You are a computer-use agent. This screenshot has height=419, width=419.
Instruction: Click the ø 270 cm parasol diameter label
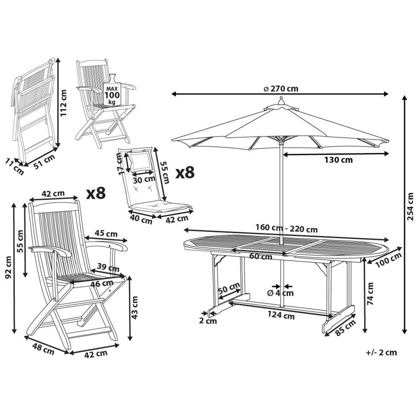tap(280, 89)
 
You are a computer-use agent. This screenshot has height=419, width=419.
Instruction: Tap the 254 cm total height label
tap(411, 206)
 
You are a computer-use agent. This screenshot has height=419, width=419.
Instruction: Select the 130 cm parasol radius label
tap(338, 160)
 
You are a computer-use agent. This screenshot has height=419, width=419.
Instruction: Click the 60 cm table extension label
tap(261, 257)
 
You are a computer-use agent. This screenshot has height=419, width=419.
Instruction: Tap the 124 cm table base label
tap(281, 316)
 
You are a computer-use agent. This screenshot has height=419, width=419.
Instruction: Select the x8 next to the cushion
tap(185, 172)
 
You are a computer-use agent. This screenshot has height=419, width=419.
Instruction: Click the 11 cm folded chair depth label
tap(15, 167)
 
